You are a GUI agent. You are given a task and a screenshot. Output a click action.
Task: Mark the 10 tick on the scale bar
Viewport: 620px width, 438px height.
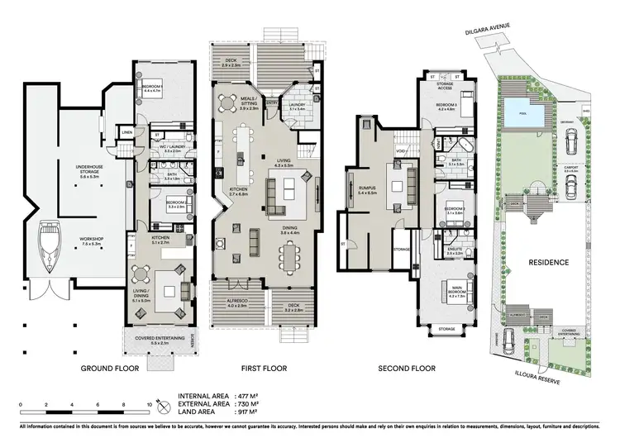tap(149, 405)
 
